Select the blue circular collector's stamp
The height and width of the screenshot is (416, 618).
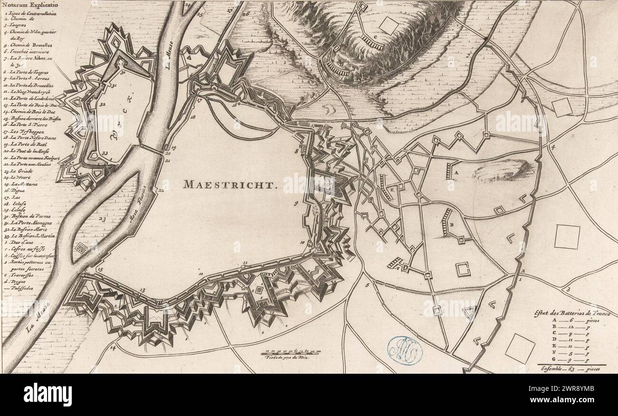(x=405, y=350)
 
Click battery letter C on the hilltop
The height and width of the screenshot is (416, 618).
(x=376, y=36)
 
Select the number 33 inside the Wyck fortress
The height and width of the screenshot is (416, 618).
(x=105, y=153)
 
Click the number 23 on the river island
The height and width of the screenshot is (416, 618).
(x=102, y=219)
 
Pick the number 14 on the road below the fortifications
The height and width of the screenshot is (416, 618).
(x=113, y=348)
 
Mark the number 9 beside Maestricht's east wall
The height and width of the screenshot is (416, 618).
(x=296, y=203)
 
